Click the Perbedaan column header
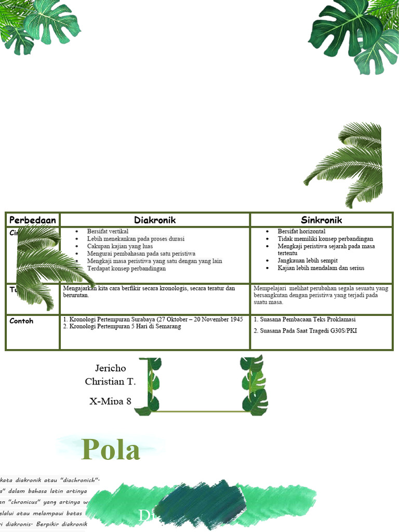(x=33, y=220)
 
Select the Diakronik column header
(x=155, y=220)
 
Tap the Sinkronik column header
(x=321, y=220)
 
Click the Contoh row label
(x=21, y=321)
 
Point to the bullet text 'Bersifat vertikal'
(x=108, y=231)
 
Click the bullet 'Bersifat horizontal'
(x=301, y=231)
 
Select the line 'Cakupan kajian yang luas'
(x=120, y=246)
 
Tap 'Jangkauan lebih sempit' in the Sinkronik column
(x=308, y=260)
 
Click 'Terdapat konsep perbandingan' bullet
(x=126, y=269)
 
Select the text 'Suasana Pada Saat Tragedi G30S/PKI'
(x=309, y=330)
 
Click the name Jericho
(x=110, y=368)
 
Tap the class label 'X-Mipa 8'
(x=110, y=400)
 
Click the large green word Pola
(x=111, y=449)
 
